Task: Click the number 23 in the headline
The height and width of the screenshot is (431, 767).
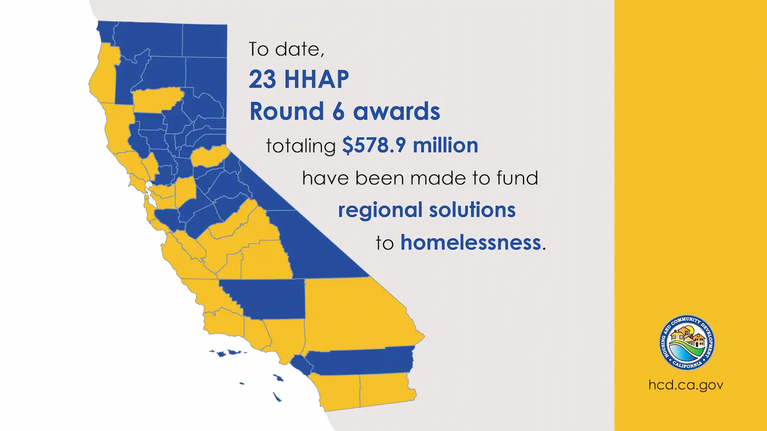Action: (262, 79)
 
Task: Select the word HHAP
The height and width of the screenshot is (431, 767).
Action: (316, 79)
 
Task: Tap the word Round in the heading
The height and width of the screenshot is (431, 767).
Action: (287, 112)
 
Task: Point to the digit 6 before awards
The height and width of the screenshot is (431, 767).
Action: (338, 112)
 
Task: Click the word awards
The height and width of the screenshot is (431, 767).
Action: (396, 112)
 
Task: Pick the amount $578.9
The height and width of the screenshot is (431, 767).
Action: (374, 145)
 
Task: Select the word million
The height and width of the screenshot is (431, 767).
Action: (445, 145)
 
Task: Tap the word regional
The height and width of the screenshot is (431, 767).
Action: (380, 210)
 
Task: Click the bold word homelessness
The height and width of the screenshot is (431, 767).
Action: (471, 242)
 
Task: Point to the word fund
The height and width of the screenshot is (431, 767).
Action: (517, 178)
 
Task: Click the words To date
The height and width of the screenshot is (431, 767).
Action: (286, 49)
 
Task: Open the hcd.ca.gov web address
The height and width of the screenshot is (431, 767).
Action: (686, 385)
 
